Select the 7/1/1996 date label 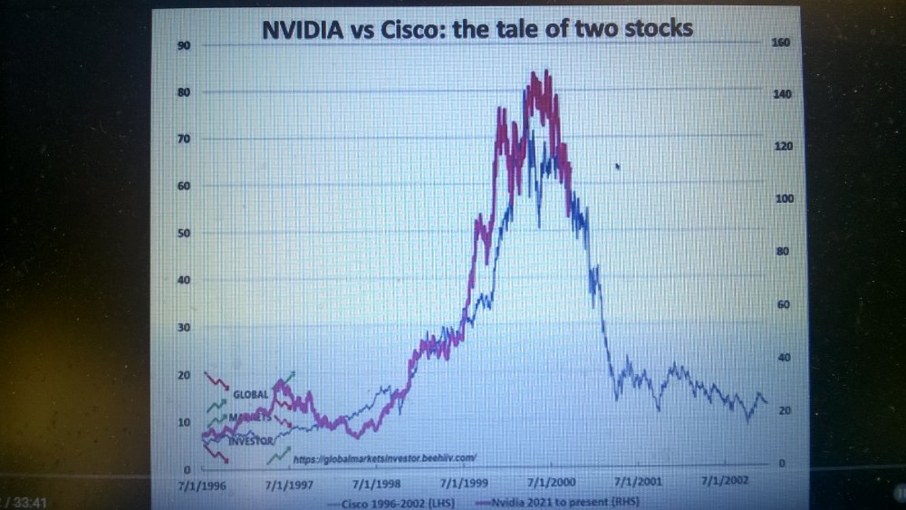tap(201, 486)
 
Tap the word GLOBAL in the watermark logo tap(251, 395)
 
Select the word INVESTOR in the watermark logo tap(251, 441)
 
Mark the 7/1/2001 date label tap(638, 485)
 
